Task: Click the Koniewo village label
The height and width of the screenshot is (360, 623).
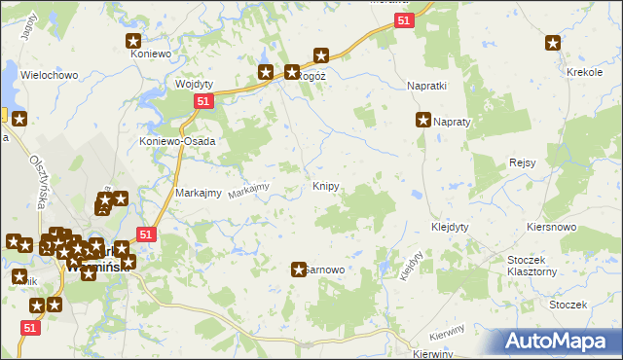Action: pyautogui.click(x=151, y=54)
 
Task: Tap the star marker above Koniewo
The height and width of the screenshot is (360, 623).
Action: pyautogui.click(x=134, y=41)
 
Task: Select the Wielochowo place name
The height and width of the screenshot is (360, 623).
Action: pyautogui.click(x=48, y=74)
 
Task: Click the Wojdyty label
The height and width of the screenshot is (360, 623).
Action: pyautogui.click(x=194, y=84)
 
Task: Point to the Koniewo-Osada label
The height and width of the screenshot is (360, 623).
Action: pyautogui.click(x=176, y=140)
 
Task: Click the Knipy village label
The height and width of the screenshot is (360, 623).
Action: pyautogui.click(x=326, y=185)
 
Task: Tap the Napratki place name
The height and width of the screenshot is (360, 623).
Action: pyautogui.click(x=425, y=86)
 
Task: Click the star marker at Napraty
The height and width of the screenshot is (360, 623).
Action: pyautogui.click(x=423, y=121)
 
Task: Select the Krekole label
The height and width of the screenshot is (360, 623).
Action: pyautogui.click(x=584, y=73)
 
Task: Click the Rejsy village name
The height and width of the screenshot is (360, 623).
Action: pyautogui.click(x=523, y=162)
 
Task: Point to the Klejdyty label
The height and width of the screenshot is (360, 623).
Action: pyautogui.click(x=450, y=227)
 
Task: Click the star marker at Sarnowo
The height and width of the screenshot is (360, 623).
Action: pyautogui.click(x=299, y=270)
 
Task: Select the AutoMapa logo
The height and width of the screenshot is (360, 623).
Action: pyautogui.click(x=558, y=342)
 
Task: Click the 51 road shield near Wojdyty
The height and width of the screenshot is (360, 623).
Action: pyautogui.click(x=202, y=100)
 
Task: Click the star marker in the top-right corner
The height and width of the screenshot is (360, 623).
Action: pyautogui.click(x=553, y=42)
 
